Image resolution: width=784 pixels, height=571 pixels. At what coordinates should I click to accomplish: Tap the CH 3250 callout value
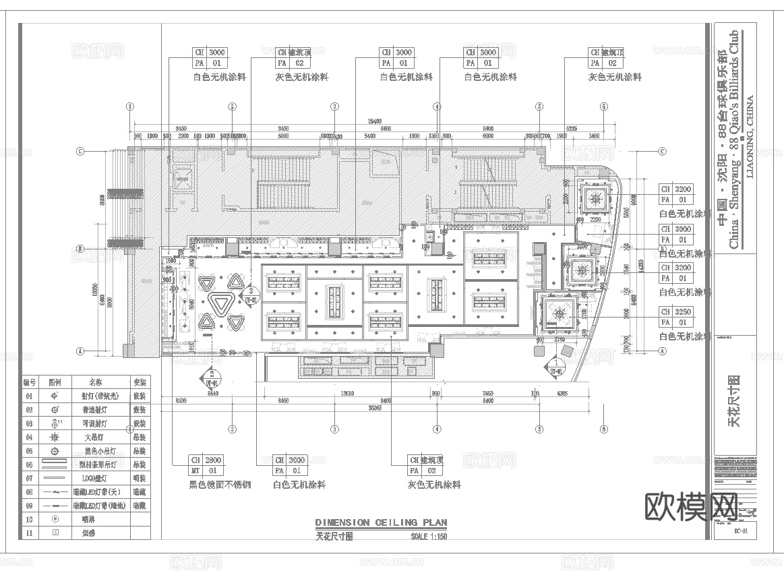[683, 312]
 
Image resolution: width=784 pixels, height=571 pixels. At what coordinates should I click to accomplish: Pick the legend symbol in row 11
[55, 533]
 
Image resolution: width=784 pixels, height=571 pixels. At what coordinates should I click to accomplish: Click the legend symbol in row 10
[55, 519]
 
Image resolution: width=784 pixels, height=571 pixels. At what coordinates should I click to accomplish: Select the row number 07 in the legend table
[29, 478]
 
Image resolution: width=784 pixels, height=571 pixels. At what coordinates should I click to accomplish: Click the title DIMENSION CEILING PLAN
[381, 522]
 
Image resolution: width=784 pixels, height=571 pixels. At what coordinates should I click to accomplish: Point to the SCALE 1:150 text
[428, 537]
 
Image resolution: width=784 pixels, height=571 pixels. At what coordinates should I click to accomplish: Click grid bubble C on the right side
[662, 151]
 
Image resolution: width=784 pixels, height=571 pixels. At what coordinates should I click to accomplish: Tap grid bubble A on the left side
[80, 351]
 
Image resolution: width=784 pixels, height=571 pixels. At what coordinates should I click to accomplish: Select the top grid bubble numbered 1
[130, 106]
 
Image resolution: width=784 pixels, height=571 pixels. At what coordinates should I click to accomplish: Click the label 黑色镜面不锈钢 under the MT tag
[220, 484]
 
